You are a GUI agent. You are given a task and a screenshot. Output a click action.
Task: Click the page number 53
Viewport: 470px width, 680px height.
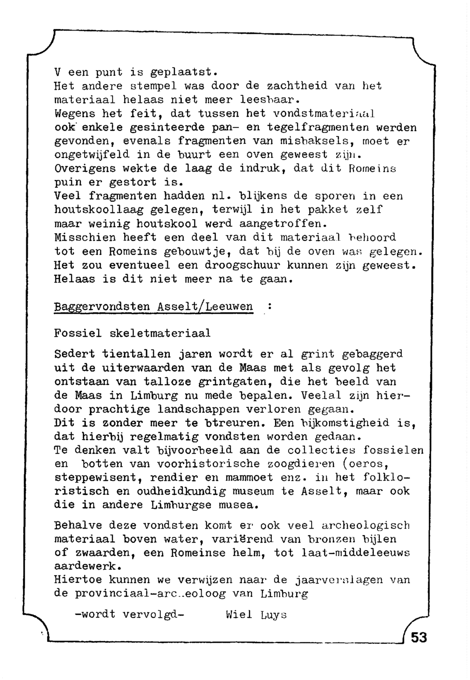click(419, 638)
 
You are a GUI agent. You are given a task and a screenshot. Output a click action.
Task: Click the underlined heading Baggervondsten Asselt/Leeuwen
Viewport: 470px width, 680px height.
click(153, 307)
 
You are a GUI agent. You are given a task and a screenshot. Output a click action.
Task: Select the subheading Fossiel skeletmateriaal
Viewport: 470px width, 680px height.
click(132, 333)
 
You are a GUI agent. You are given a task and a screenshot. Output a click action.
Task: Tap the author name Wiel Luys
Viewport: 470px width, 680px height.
click(256, 615)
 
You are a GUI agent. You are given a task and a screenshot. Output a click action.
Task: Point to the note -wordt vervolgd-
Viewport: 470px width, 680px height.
click(129, 615)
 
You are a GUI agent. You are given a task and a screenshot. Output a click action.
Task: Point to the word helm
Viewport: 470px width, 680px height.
click(249, 553)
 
